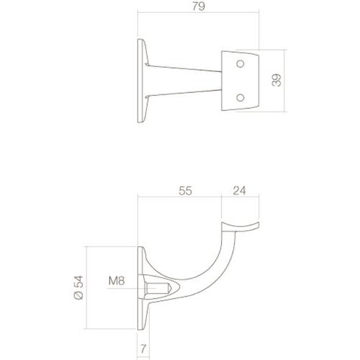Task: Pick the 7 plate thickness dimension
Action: click(144, 348)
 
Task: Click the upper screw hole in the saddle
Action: click(240, 66)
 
